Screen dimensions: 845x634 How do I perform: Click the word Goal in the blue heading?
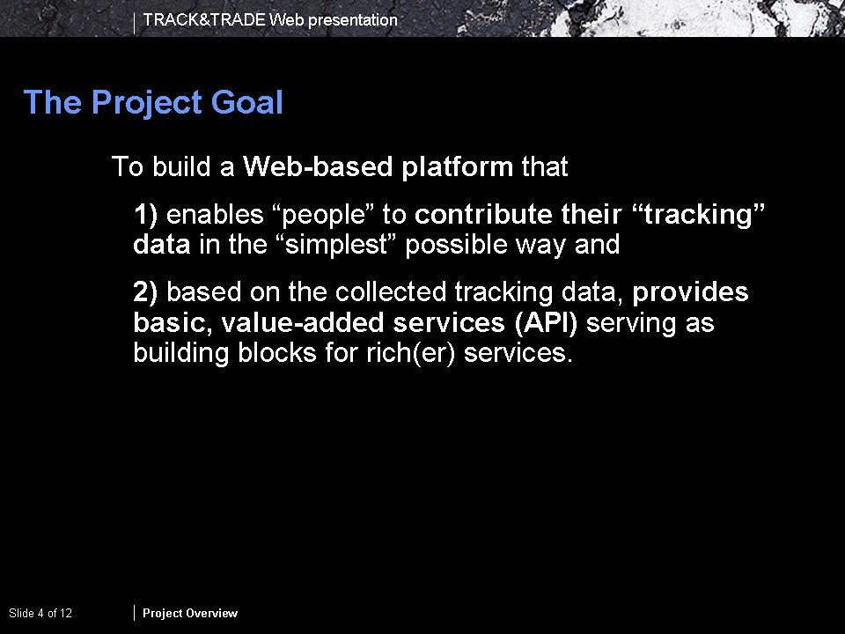[x=246, y=102]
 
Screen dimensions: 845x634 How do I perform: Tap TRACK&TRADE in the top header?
[x=204, y=20]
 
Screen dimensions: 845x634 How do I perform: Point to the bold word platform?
[x=458, y=167]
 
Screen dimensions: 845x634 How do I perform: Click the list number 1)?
[x=145, y=215]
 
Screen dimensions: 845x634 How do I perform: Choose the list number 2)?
[x=145, y=291]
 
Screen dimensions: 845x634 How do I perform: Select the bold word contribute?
[x=483, y=214]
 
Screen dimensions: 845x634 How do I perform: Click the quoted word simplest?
[x=337, y=246]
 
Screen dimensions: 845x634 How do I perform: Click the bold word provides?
[x=690, y=292]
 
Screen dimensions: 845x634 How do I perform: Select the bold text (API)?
[x=546, y=323]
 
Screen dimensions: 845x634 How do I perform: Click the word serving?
[x=631, y=324]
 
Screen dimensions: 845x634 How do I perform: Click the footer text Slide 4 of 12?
[x=40, y=613]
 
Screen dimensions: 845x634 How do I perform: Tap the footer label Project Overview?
[x=190, y=613]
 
